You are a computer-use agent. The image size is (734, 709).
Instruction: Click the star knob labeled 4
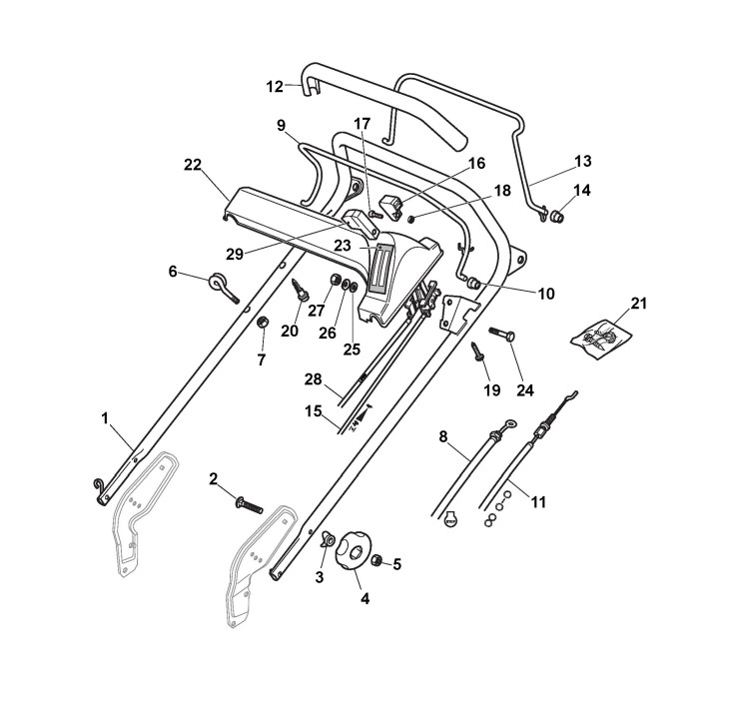coord(352,551)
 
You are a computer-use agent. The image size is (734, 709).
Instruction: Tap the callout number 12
coord(275,86)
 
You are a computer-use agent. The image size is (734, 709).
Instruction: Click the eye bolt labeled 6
coord(222,285)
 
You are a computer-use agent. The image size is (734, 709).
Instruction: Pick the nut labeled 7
coord(263,323)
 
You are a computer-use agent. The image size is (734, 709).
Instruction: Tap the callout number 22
coord(193,164)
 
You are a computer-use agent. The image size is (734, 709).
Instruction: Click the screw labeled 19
coord(477,350)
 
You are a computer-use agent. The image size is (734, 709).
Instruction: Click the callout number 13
coord(582,160)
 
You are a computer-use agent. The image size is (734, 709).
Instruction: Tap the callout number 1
coord(105,420)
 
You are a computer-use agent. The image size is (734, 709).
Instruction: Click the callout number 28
coord(314,379)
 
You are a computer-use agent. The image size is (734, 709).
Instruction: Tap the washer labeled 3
coord(326,543)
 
